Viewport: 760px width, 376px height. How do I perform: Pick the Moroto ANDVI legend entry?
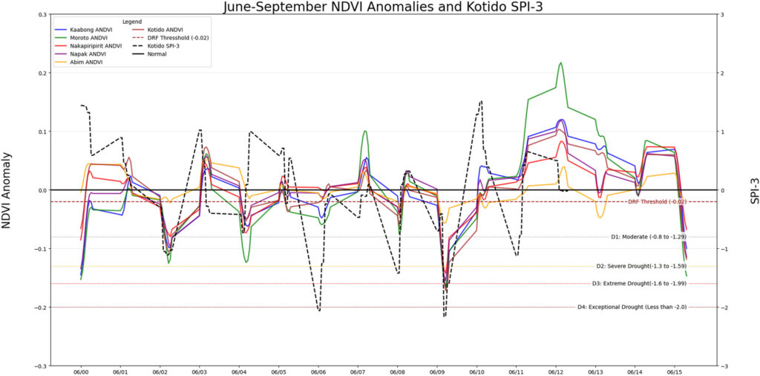point(89,38)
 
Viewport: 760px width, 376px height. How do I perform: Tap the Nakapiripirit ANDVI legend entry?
point(95,46)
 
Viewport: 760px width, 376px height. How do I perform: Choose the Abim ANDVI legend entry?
point(86,62)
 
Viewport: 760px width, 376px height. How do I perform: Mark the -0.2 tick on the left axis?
point(39,308)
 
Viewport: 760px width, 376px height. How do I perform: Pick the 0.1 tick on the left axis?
point(42,132)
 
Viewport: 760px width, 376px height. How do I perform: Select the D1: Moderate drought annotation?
point(653,237)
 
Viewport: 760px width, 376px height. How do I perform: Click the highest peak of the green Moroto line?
point(560,63)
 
